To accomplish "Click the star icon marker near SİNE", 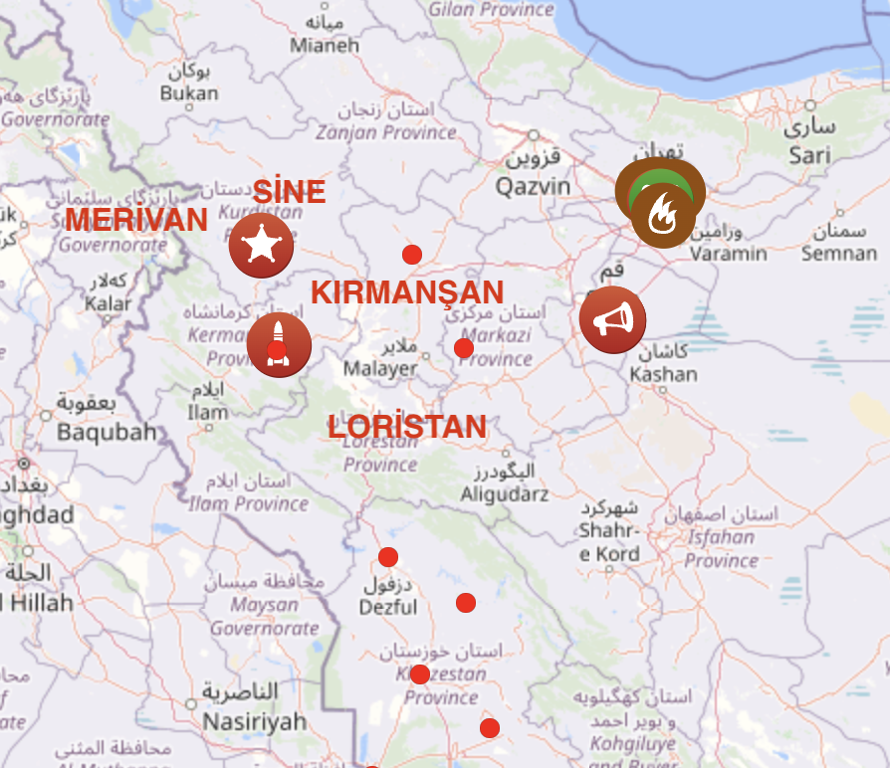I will pos(261,245).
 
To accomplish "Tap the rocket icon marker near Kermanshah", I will pos(279,344).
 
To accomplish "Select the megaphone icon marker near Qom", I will pos(612,319).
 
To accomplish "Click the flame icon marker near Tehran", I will pos(663,216).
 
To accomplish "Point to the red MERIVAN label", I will pos(136,220).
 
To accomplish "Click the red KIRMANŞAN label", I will pos(407,292).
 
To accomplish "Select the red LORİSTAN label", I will pos(407,427).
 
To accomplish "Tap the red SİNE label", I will pos(289,191).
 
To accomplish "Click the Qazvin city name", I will pos(534,186).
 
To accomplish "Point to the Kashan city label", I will pos(664,375).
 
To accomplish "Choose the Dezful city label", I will pos(388,607).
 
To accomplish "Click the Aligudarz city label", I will pos(504,493).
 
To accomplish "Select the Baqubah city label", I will pos(107,432).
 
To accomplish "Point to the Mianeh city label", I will pos(325,46).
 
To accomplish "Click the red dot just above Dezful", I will pos(388,557).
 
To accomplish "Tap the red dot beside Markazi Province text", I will pos(463,348).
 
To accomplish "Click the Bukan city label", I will pos(189,93).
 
